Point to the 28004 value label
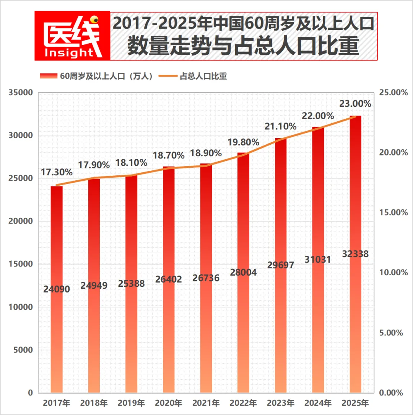(243, 273)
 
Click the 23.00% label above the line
(355, 104)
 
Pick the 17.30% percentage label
(57, 173)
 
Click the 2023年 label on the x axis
(281, 403)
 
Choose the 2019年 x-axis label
(131, 403)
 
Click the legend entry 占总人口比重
(203, 76)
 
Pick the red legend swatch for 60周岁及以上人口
(48, 76)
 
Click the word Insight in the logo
(69, 52)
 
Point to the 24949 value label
(94, 286)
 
